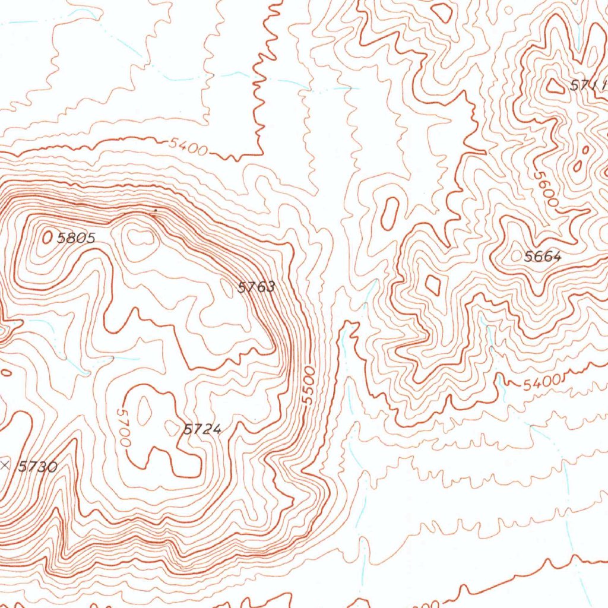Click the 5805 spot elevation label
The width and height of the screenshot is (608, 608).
tap(76, 239)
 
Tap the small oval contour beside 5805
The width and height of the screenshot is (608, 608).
tap(47, 237)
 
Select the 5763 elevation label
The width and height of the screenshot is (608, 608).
tap(256, 288)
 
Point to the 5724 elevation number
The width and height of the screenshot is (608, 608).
tap(202, 429)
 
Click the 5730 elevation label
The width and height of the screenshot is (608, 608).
tap(37, 467)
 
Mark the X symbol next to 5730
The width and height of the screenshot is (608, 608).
tap(5, 465)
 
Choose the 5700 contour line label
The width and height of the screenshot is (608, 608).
tap(123, 427)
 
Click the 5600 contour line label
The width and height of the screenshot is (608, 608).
tap(546, 189)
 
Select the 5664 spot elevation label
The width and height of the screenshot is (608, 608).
tap(543, 256)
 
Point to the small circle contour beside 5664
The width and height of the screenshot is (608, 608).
tap(515, 256)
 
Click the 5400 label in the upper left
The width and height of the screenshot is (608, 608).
tap(188, 145)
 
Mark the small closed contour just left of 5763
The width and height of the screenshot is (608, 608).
tap(227, 288)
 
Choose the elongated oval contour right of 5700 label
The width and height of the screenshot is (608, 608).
tap(144, 414)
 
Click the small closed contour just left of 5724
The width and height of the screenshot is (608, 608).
tap(172, 427)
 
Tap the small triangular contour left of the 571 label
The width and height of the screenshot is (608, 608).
tap(556, 86)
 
